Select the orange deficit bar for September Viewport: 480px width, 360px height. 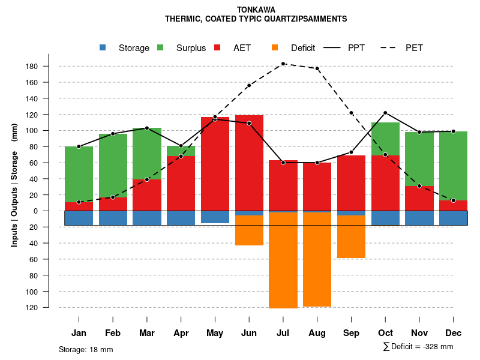pos(351,236)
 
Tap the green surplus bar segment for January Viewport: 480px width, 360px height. pos(79,174)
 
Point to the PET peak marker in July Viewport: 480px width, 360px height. pos(283,64)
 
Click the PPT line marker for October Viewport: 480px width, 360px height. pos(385,113)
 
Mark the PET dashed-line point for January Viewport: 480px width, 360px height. pos(79,202)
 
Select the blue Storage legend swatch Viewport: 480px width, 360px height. pos(103,48)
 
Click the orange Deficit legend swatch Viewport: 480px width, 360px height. pos(275,48)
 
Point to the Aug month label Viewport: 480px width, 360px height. pos(317,333)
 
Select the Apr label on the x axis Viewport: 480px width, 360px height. pos(181,333)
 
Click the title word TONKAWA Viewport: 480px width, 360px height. pos(256,10)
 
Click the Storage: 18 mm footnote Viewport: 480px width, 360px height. pos(86,349)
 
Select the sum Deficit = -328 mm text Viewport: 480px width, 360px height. pos(418,347)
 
